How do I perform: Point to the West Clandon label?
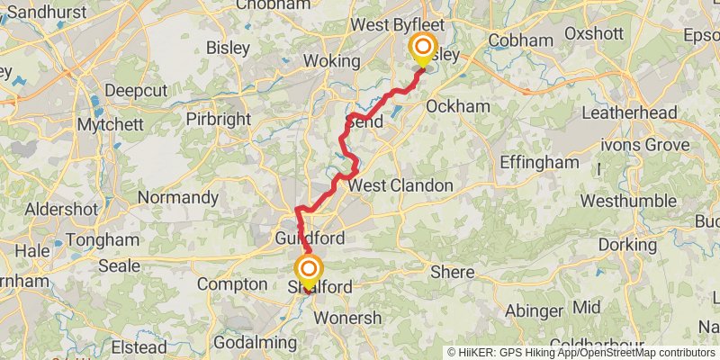click(x=400, y=185)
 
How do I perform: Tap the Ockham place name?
click(x=457, y=106)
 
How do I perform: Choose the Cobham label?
click(x=519, y=40)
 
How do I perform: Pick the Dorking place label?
click(x=627, y=244)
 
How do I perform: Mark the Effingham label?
click(x=539, y=163)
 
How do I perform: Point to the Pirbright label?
click(x=216, y=119)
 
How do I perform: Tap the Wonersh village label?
click(x=347, y=318)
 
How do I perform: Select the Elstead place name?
click(x=138, y=347)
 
